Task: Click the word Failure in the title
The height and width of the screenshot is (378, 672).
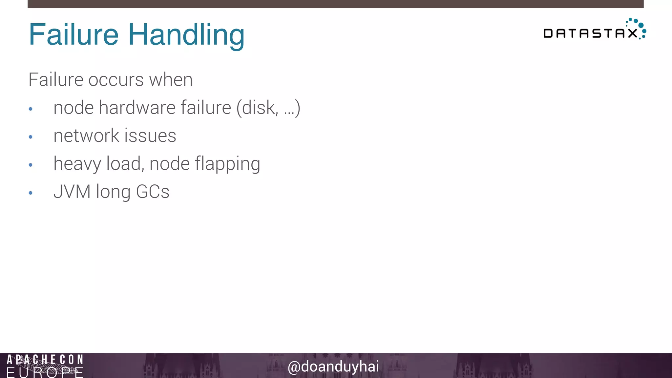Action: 73,34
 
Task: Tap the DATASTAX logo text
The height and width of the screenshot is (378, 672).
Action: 590,33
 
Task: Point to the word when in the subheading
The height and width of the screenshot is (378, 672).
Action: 171,80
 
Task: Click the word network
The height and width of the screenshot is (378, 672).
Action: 86,136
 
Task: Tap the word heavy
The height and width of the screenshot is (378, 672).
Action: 77,164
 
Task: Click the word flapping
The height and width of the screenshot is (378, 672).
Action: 227,164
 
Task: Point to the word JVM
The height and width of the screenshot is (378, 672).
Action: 72,192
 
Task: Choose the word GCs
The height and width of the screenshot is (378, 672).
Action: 153,192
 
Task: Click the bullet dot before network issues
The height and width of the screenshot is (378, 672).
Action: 31,137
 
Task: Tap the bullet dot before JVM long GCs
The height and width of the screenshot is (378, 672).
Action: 31,193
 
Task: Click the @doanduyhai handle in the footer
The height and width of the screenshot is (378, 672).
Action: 333,367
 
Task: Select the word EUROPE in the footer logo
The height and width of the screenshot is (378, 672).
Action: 45,373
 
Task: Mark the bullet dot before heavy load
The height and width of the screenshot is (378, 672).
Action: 31,165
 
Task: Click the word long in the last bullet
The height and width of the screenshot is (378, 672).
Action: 113,192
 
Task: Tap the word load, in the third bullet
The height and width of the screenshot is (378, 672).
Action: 125,164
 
